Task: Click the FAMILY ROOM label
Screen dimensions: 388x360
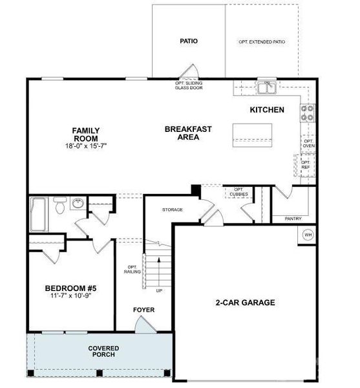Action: (x=85, y=135)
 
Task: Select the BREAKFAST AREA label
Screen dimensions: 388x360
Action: (x=188, y=133)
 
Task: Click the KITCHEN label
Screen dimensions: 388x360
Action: (x=267, y=110)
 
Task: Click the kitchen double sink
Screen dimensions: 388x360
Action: (x=266, y=87)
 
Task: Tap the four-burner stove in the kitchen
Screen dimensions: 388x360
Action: (x=308, y=114)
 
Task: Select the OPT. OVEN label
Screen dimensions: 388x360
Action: (x=308, y=144)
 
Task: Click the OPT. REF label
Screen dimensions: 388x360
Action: (x=306, y=165)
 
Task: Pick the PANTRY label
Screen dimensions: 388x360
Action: (x=293, y=219)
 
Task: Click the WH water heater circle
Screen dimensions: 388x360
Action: (x=308, y=235)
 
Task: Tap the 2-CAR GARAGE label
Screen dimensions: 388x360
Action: (x=245, y=302)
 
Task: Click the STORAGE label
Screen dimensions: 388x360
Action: (x=172, y=210)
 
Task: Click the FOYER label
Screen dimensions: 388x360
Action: (x=143, y=310)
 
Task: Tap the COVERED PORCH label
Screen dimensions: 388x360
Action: (x=103, y=352)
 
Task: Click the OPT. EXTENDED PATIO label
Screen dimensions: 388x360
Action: (x=262, y=42)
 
